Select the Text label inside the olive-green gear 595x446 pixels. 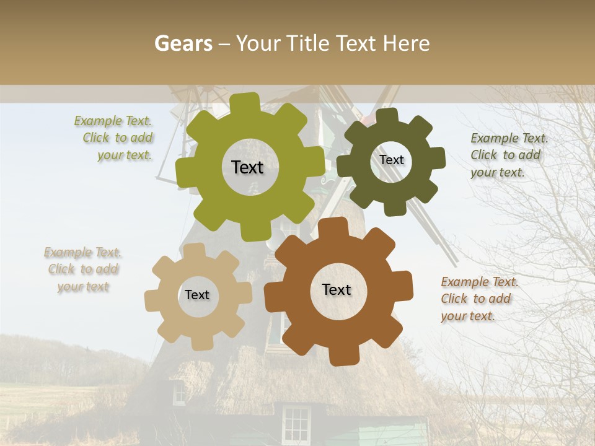tap(247, 167)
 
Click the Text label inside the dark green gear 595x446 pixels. tap(391, 160)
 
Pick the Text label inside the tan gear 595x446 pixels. tap(197, 295)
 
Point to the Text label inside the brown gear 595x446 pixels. tap(337, 289)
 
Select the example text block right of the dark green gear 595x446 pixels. tap(508, 155)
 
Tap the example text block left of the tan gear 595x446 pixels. tap(83, 269)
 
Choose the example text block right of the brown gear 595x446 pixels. tap(478, 299)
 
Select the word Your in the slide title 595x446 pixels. tap(258, 43)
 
